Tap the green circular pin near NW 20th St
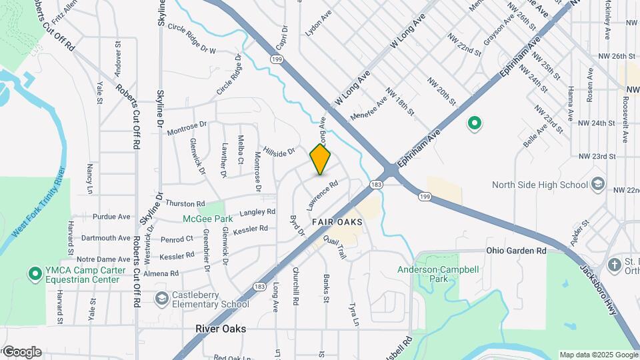click(x=475, y=123)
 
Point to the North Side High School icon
click(x=598, y=184)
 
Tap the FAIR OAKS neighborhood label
click(x=337, y=221)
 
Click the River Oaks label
click(x=221, y=329)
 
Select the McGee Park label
click(x=208, y=219)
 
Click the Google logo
click(x=21, y=351)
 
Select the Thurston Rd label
click(x=185, y=203)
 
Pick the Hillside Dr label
click(x=279, y=152)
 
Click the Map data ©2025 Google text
click(x=598, y=355)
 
